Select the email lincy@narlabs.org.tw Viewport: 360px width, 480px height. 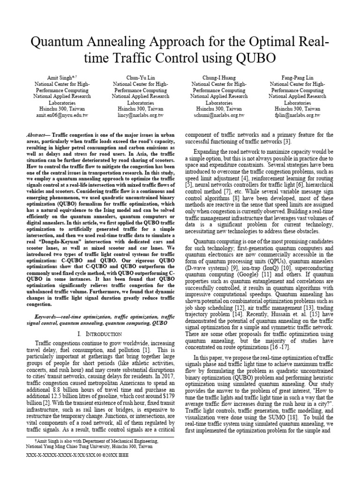pyautogui.click(x=140, y=115)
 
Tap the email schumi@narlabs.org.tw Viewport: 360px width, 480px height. pyautogui.click(x=218, y=115)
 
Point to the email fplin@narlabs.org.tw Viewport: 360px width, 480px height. pyautogui.click(x=298, y=115)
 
